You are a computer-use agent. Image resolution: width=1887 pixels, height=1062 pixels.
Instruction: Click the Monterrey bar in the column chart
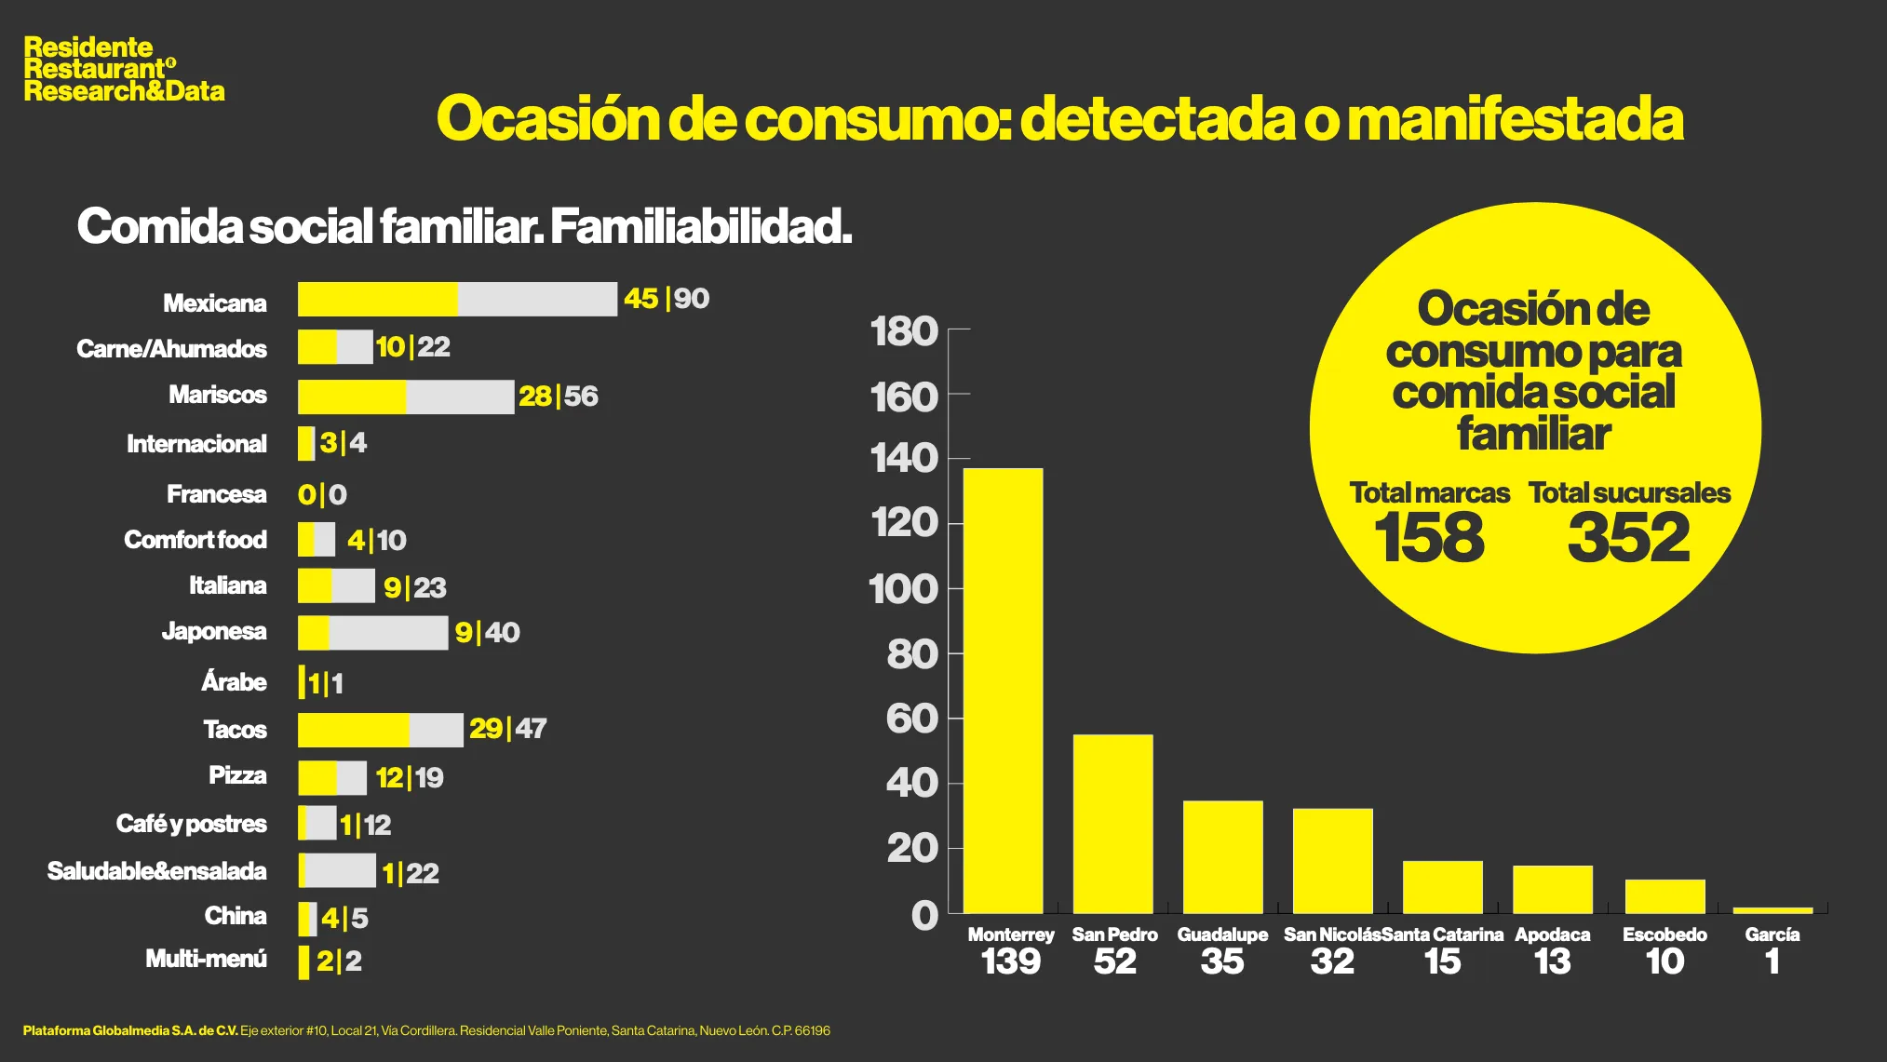1003,690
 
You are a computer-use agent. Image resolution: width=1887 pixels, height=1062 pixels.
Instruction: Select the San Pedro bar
1112,824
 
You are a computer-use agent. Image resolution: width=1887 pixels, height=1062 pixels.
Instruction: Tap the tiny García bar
1772,909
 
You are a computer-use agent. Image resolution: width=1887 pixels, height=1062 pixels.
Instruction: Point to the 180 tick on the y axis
903,332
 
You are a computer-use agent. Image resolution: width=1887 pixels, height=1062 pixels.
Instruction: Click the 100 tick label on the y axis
903,589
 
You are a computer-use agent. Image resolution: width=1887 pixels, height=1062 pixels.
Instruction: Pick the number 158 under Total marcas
1429,538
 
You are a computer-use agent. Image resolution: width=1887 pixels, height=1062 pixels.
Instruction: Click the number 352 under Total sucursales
1628,538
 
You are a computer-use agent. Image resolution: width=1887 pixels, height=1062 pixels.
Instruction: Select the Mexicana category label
214,303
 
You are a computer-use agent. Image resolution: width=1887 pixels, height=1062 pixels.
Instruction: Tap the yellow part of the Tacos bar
353,730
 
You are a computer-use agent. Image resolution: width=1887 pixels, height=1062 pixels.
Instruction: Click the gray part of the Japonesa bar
388,633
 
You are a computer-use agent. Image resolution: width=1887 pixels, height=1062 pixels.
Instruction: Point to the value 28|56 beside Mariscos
558,397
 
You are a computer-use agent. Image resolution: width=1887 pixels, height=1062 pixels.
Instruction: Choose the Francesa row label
216,494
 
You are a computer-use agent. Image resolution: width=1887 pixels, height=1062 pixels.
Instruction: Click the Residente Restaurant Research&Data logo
124,69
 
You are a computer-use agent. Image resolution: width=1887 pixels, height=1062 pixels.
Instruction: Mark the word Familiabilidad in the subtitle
701,226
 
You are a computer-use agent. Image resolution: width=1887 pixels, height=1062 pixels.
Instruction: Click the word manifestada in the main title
1515,119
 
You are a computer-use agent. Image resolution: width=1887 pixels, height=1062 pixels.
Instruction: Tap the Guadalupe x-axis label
1222,934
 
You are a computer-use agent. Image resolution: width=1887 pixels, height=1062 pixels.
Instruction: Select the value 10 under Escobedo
1665,961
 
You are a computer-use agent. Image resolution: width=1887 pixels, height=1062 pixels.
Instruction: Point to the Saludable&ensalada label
156,871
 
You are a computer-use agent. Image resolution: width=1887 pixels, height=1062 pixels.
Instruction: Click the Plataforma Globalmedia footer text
130,1030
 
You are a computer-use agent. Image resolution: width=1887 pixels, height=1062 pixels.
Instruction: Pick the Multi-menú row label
206,959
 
